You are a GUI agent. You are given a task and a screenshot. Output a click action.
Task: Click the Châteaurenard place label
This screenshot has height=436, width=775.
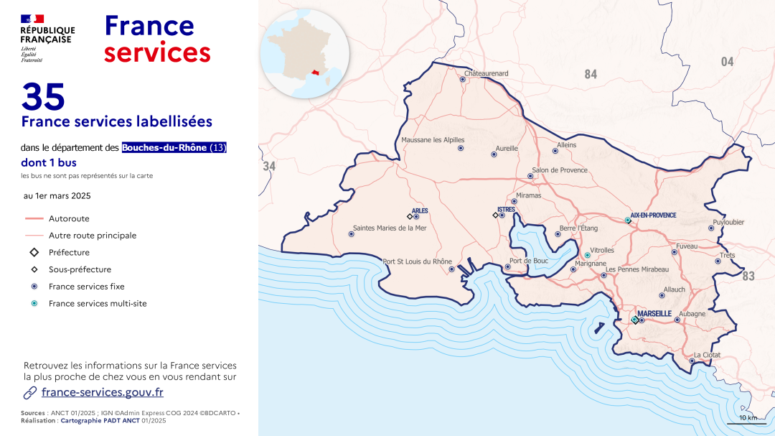pyautogui.click(x=486, y=73)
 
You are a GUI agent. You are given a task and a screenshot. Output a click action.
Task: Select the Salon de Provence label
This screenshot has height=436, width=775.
pyautogui.click(x=560, y=170)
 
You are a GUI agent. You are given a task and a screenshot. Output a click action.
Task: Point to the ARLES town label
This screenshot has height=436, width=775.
pyautogui.click(x=420, y=210)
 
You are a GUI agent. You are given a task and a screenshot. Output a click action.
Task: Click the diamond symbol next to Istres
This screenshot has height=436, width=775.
pyautogui.click(x=495, y=215)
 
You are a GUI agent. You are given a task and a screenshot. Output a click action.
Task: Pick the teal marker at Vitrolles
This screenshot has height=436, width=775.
pyautogui.click(x=587, y=255)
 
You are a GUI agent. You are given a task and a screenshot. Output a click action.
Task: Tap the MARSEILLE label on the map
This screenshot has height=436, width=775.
pyautogui.click(x=654, y=314)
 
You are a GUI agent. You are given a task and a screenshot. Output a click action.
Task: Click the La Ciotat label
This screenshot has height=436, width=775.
pyautogui.click(x=707, y=355)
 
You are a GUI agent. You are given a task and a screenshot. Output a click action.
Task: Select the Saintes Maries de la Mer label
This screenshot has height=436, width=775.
pyautogui.click(x=389, y=228)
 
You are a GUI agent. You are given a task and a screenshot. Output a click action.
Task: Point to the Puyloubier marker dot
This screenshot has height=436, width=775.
pyautogui.click(x=711, y=228)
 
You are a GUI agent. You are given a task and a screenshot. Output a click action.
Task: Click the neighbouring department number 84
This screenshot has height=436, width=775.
pyautogui.click(x=591, y=74)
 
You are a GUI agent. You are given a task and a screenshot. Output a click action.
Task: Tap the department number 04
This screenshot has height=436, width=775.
pyautogui.click(x=727, y=62)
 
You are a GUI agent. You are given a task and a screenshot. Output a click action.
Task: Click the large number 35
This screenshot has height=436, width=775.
pyautogui.click(x=43, y=96)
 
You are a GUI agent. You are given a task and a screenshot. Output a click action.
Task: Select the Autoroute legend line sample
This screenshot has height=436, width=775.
pyautogui.click(x=34, y=218)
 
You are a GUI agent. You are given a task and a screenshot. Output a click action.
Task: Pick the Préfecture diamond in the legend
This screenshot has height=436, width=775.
pyautogui.click(x=34, y=253)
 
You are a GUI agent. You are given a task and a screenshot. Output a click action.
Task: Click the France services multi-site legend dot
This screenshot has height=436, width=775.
pyautogui.click(x=34, y=303)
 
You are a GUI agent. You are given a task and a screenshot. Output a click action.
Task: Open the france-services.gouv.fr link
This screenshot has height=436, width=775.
pyautogui.click(x=102, y=392)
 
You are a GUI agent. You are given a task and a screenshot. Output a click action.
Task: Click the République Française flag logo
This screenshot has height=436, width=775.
pyautogui.click(x=32, y=19)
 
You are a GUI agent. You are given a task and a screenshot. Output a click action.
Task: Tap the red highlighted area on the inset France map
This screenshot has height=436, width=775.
pyautogui.click(x=316, y=73)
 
